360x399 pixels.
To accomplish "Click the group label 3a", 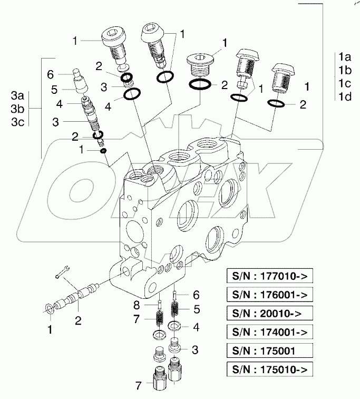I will [x=17, y=96].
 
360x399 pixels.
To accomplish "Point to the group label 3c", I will [x=17, y=122].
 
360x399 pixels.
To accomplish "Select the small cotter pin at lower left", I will [x=61, y=272].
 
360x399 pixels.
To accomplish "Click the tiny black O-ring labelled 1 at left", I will [x=104, y=151].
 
